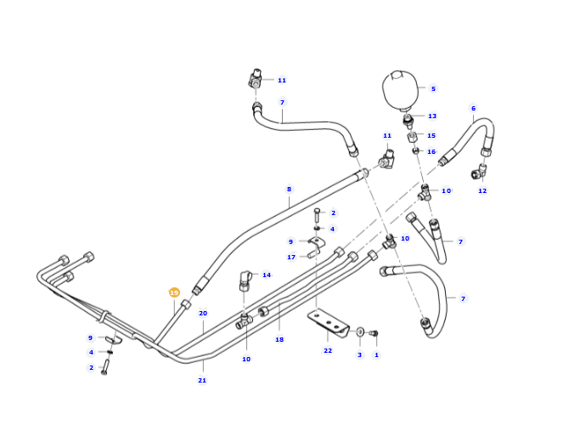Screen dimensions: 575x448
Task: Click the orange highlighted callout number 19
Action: (174, 292)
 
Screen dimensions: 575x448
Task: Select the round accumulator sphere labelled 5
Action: (400, 90)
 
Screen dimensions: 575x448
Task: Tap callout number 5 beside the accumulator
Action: (433, 88)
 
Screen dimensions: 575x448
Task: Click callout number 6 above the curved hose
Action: (473, 108)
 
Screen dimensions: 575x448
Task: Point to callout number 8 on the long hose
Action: (289, 189)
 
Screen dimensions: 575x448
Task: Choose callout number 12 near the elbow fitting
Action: (482, 190)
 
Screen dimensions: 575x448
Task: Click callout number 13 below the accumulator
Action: (432, 116)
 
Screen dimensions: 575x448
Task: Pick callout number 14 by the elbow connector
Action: (267, 275)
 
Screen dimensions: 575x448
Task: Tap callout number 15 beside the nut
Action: (431, 135)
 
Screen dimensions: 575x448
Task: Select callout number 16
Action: (431, 151)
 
